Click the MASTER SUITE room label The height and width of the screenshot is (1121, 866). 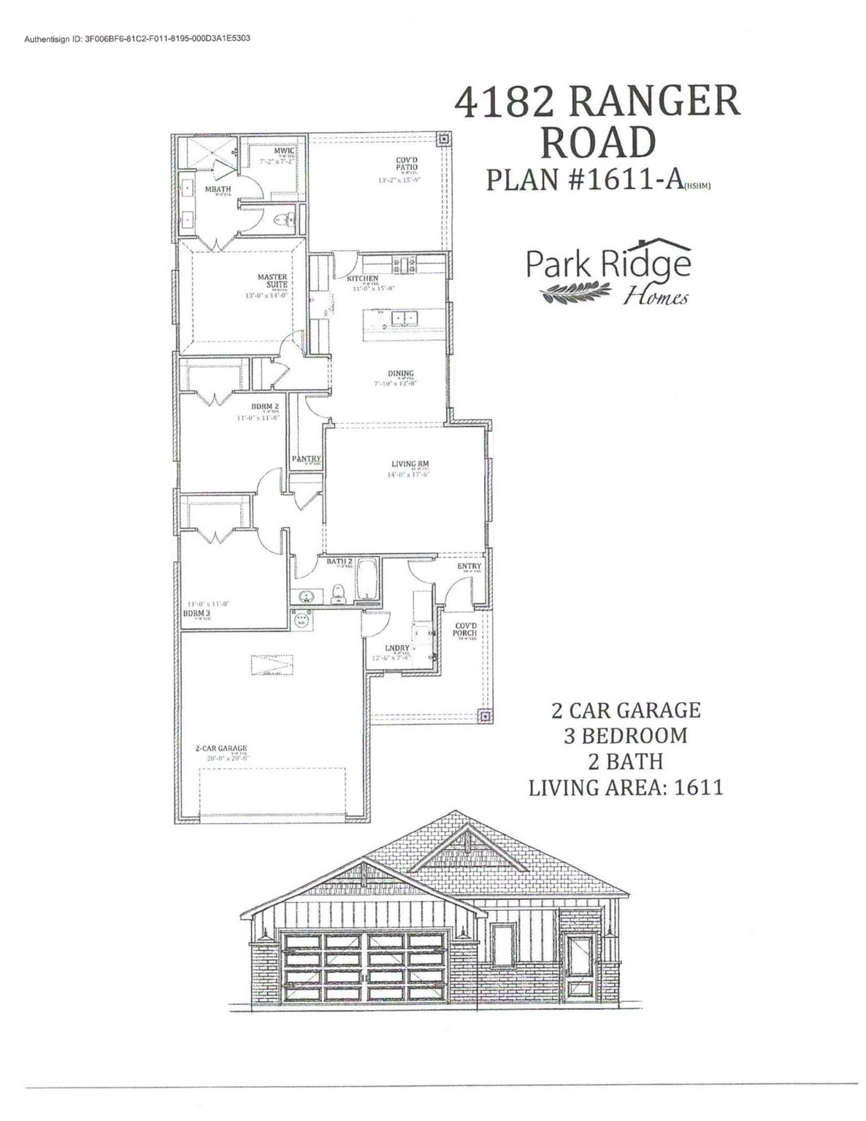(272, 281)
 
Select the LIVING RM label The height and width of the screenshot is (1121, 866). (409, 463)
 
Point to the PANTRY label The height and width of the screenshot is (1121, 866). (305, 459)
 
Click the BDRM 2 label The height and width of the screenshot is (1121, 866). (264, 407)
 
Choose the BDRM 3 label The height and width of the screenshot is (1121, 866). (196, 614)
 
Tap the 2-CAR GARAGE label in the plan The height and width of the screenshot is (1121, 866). (221, 748)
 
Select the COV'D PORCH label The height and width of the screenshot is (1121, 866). (464, 629)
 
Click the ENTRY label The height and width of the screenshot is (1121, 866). (469, 566)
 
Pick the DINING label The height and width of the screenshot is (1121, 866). (401, 374)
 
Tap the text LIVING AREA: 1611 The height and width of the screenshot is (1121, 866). (626, 787)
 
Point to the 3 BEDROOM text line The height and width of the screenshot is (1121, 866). (626, 735)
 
